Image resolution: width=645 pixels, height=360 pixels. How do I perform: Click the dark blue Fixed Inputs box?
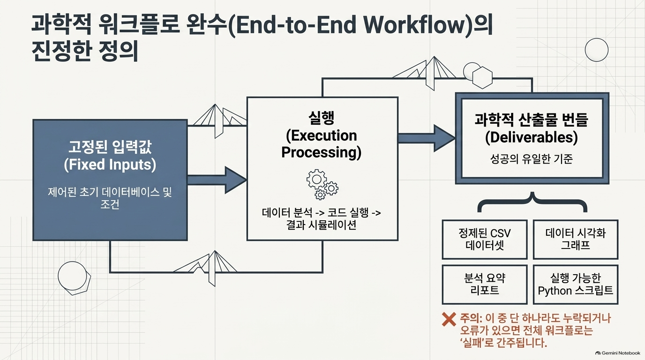[x=110, y=180]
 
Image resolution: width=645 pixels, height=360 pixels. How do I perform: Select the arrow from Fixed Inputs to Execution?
[x=217, y=180]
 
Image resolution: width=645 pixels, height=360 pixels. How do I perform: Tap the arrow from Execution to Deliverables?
[x=427, y=138]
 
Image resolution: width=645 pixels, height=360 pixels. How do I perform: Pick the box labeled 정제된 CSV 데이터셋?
[x=485, y=240]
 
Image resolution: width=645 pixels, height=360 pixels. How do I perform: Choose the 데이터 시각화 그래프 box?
[x=576, y=240]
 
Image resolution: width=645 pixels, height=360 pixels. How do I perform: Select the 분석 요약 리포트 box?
[x=485, y=284]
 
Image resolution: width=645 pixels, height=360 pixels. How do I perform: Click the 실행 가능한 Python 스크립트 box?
[x=576, y=284]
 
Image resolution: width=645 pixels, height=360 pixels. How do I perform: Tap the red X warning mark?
[x=449, y=319]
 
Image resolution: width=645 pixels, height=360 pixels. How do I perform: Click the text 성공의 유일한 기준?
[x=532, y=159]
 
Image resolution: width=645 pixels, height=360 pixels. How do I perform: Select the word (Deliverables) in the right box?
[x=532, y=138]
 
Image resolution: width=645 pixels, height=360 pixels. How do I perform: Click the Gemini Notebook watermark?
[x=618, y=353]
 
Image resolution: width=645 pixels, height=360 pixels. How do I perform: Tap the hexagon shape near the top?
[x=482, y=77]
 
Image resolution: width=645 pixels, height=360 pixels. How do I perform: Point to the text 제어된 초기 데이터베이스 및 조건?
[x=110, y=198]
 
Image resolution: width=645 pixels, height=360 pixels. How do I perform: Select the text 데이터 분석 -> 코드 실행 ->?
[x=322, y=213]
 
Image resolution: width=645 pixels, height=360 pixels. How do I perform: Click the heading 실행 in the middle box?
[x=322, y=118]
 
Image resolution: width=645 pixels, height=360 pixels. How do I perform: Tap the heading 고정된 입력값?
[x=110, y=147]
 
